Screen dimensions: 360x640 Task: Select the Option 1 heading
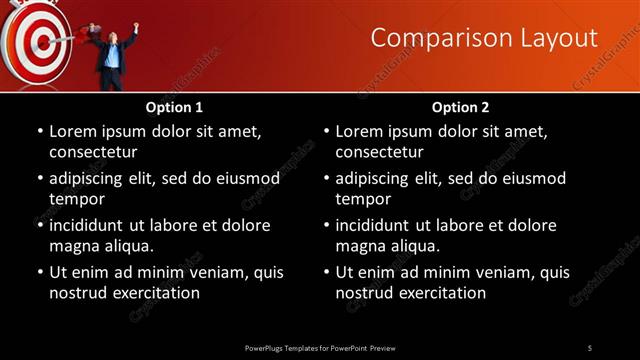[174, 106]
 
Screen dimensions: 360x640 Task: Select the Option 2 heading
[460, 106]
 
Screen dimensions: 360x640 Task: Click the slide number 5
[590, 347]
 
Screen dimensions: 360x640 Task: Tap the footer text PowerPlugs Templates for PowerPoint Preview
[320, 347]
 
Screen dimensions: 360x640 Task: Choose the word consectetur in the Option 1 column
[93, 152]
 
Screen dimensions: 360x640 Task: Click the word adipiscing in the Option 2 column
[377, 178]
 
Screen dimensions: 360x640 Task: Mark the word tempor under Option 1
[77, 199]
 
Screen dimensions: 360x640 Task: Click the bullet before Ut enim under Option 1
[39, 272]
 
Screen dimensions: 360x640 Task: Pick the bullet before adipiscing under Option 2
[325, 178]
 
